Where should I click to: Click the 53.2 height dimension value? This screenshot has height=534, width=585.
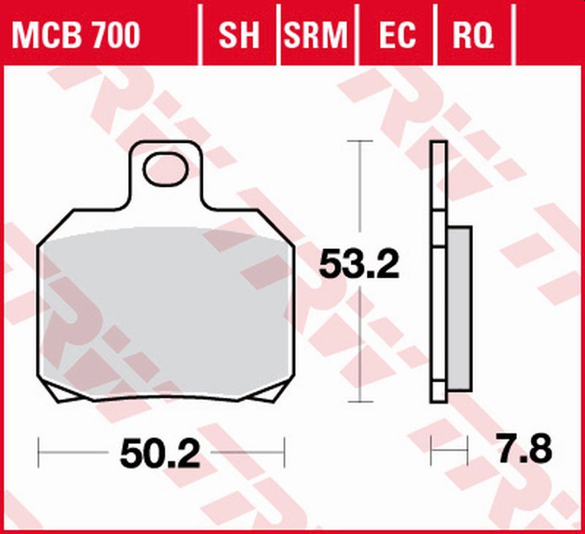point(359,264)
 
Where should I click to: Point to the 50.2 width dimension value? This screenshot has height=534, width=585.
point(160,455)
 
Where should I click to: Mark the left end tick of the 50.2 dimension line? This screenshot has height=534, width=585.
point(39,453)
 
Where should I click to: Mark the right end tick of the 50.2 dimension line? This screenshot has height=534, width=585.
point(285,453)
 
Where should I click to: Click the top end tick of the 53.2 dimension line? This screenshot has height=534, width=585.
point(360,142)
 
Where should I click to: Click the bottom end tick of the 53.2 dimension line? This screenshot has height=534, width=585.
point(360,402)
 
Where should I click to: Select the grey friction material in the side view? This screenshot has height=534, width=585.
point(459,307)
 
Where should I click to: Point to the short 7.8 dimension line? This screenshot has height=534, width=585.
point(449,453)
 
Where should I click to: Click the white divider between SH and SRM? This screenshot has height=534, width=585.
point(279,33)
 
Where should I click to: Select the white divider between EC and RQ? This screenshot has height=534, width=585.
point(435,33)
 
